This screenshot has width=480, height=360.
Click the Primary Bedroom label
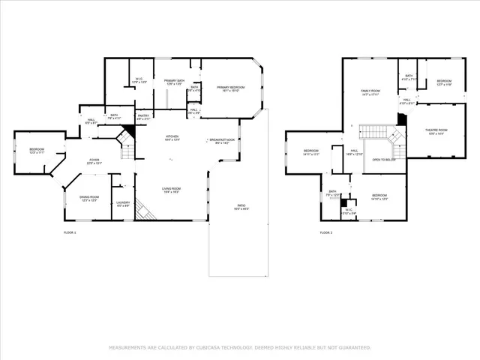pos(232,88)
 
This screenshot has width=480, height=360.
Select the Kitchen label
pos(172,136)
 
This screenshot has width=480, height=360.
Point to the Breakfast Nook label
pos(222,140)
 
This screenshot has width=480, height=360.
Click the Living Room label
pos(172,189)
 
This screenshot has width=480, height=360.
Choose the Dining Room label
pos(89,196)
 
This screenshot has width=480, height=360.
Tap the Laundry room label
pos(122,202)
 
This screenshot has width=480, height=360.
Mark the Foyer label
pos(94,160)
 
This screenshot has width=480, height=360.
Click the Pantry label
pos(143,115)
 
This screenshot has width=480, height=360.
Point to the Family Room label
pos(370,91)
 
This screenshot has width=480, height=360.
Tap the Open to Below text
pos(384,160)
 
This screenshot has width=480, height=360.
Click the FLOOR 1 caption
pos(70,232)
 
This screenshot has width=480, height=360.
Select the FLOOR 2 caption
pos(326,232)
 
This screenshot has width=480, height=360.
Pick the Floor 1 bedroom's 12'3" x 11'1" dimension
pos(37,154)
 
